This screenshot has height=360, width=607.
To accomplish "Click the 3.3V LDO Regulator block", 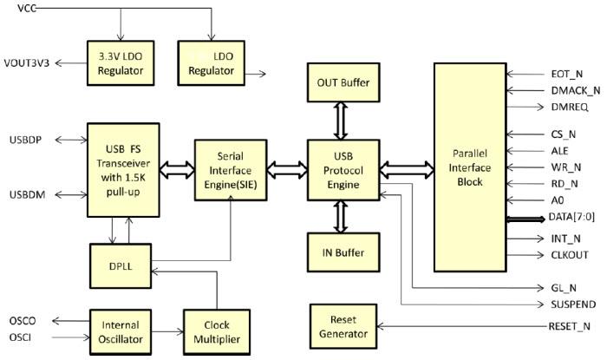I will [120, 62].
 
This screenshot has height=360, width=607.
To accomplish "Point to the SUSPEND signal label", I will [571, 305].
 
